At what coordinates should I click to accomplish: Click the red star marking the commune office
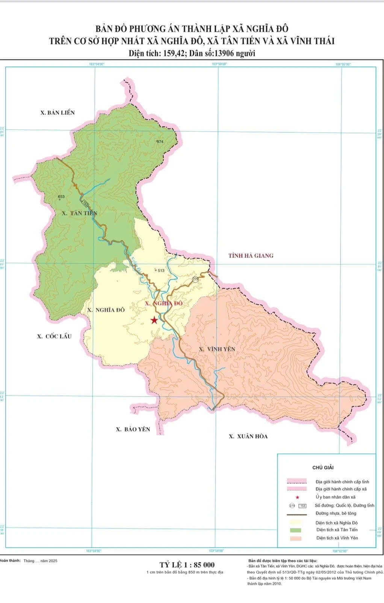(154, 320)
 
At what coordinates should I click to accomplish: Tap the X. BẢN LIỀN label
(57, 113)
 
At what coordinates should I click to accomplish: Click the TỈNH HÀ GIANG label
(251, 256)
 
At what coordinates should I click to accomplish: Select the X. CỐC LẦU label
(54, 336)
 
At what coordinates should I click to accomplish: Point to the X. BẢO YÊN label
(133, 429)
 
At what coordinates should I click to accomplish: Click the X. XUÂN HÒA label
(248, 436)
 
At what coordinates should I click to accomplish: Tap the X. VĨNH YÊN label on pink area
(217, 349)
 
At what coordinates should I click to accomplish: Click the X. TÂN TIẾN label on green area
(80, 213)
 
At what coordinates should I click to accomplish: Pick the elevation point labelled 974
(159, 142)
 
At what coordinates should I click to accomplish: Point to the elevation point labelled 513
(160, 270)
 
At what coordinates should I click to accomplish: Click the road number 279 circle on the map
(195, 279)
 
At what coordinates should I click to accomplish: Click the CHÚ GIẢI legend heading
(323, 467)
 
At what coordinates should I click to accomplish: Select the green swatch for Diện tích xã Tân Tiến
(297, 530)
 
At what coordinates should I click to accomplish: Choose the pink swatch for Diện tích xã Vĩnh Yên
(297, 538)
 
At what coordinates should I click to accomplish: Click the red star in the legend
(297, 497)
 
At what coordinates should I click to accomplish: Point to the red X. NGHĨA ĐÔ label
(163, 303)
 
